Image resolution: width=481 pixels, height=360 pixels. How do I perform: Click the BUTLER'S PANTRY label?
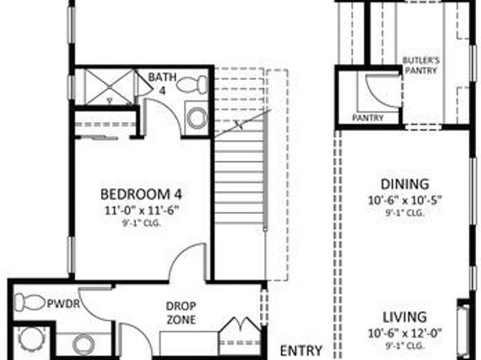click(420, 65)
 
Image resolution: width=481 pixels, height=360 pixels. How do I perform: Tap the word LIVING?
click(406, 316)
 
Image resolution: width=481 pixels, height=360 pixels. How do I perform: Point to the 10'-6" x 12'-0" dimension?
click(405, 332)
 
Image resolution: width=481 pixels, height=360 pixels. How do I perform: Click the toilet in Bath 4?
click(191, 84)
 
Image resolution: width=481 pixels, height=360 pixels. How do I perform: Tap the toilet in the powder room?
click(30, 303)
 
